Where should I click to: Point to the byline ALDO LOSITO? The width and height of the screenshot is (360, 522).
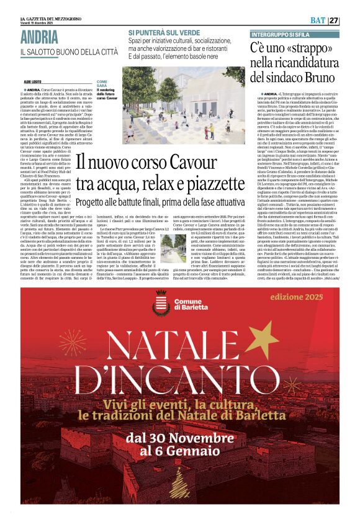point(33,81)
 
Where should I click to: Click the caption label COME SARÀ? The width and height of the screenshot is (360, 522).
point(102,84)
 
